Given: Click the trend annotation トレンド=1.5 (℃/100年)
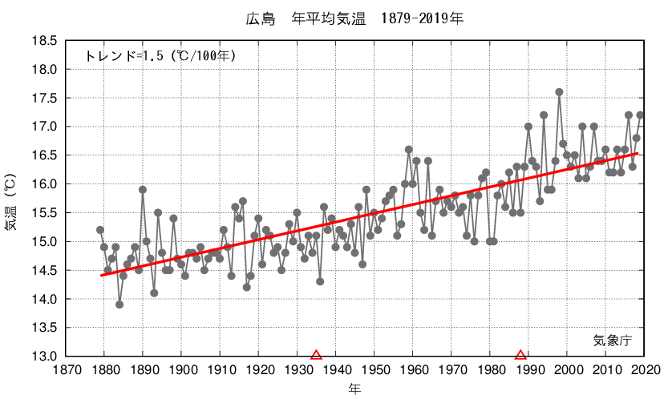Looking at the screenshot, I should pyautogui.click(x=160, y=56).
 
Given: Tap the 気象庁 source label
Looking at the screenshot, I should pyautogui.click(x=613, y=341).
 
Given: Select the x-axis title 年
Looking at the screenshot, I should pyautogui.click(x=354, y=389).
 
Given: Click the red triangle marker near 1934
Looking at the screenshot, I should pyautogui.click(x=316, y=355).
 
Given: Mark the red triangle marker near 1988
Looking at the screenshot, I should pyautogui.click(x=520, y=355).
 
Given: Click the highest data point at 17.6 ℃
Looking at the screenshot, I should pyautogui.click(x=559, y=92).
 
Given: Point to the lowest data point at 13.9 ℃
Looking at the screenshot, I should pyautogui.click(x=119, y=304).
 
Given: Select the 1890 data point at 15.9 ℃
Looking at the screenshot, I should pyautogui.click(x=143, y=190).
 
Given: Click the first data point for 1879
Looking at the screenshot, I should pyautogui.click(x=100, y=230).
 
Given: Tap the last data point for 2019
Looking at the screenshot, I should pyautogui.click(x=640, y=115).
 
